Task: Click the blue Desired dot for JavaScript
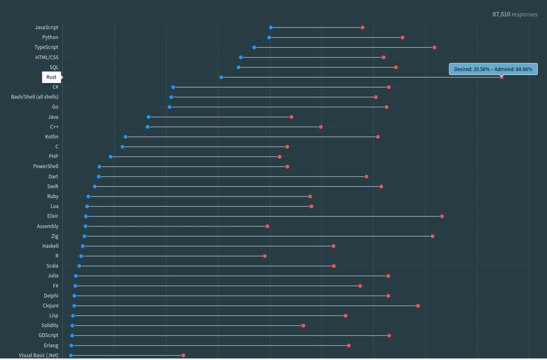point(271,28)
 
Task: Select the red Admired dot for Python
point(402,37)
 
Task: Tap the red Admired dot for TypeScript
point(434,47)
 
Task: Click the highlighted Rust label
point(51,77)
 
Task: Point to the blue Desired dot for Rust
point(221,77)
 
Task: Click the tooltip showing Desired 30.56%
point(493,69)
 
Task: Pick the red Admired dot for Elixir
point(442,216)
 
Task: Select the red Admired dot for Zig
point(432,236)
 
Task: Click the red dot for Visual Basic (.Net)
point(183,355)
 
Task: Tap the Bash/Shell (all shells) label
point(35,97)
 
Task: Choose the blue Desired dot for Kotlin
point(126,137)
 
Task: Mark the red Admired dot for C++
point(321,127)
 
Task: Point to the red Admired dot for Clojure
point(418,306)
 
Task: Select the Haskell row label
point(50,246)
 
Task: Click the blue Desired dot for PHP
point(110,157)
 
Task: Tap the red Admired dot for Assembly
point(267,226)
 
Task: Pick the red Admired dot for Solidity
point(303,325)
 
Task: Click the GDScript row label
point(48,335)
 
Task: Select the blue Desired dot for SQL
point(239,67)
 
